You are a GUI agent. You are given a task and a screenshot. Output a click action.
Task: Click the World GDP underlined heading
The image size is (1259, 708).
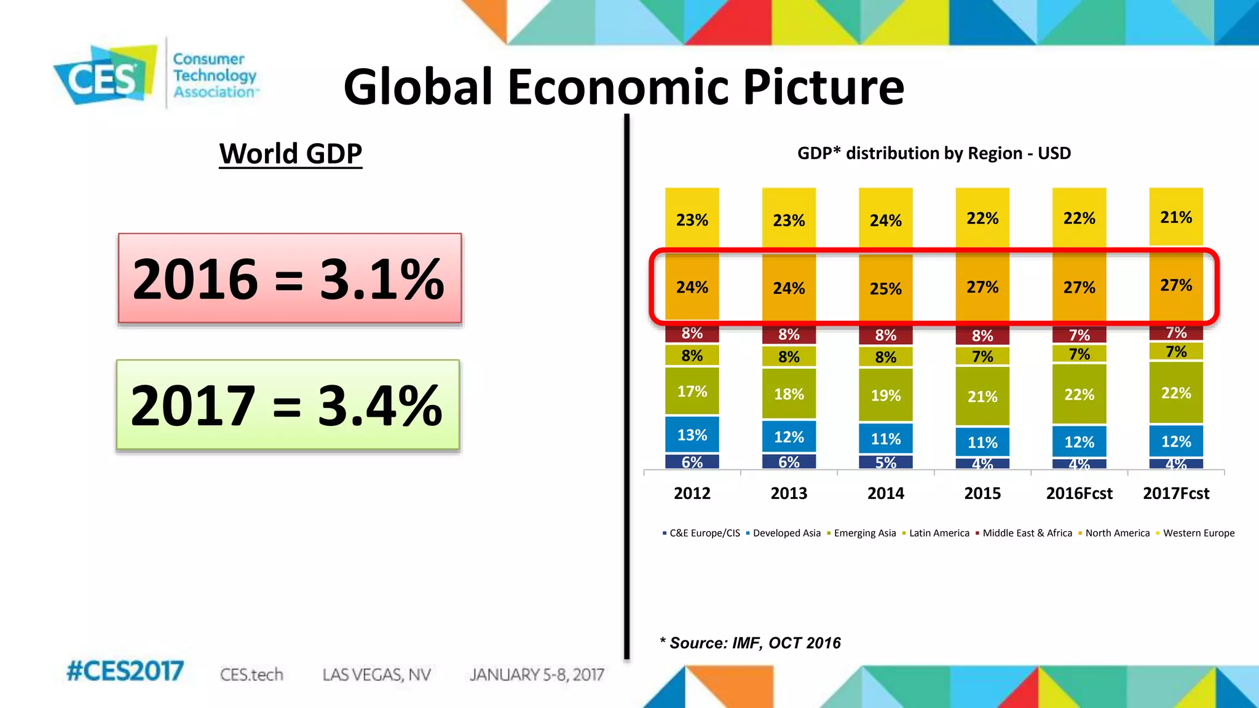(291, 154)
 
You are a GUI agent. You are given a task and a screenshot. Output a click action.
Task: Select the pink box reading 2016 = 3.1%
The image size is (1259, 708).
(290, 278)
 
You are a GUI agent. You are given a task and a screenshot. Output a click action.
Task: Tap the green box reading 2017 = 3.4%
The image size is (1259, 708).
(288, 405)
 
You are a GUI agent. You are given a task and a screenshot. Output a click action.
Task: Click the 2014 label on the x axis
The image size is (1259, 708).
(885, 494)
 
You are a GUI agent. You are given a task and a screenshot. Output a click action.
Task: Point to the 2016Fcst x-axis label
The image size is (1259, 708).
(1079, 494)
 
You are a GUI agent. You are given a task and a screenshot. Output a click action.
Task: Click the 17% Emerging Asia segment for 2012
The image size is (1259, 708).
(692, 391)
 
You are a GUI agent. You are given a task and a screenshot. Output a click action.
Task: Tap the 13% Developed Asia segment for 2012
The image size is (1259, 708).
(692, 435)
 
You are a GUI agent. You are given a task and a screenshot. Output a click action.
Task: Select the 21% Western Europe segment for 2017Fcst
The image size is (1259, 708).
(1176, 217)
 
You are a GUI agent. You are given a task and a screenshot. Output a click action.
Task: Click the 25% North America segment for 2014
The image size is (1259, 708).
(885, 288)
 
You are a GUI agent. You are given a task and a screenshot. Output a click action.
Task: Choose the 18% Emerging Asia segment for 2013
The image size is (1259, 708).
(789, 394)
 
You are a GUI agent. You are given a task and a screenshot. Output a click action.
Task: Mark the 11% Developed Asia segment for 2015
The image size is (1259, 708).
(982, 442)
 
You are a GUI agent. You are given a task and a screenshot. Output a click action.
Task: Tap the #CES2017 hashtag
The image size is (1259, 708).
(125, 671)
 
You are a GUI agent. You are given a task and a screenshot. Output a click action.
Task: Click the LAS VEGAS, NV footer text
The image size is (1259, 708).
(376, 675)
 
